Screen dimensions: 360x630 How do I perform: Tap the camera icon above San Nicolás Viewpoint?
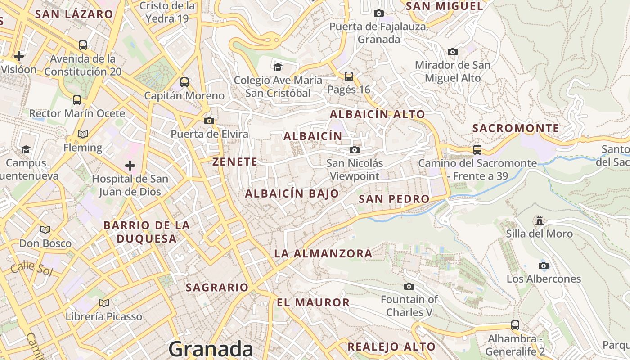(355, 150)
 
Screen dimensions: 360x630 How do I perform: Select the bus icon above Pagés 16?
(349, 76)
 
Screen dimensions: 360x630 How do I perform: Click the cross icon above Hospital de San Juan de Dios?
(130, 166)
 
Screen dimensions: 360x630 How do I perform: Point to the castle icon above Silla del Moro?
(539, 220)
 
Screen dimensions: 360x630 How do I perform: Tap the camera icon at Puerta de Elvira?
(209, 121)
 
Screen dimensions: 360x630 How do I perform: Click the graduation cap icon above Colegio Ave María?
(278, 67)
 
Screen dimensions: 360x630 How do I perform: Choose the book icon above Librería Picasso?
(104, 303)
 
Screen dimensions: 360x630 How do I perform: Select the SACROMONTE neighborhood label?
(516, 128)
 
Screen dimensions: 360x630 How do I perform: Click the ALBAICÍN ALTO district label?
(378, 114)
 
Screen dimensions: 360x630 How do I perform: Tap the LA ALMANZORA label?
(323, 254)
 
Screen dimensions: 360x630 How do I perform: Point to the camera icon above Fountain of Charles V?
(409, 286)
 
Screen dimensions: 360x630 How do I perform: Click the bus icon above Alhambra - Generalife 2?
(515, 325)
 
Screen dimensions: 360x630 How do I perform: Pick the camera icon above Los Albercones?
(544, 265)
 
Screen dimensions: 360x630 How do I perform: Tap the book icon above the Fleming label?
(83, 134)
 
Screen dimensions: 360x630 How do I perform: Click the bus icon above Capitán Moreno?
(184, 82)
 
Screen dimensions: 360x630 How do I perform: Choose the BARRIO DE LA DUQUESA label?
(147, 232)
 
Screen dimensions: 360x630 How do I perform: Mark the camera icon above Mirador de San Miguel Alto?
(453, 52)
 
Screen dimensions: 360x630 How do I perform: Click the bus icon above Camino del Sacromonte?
(477, 149)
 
